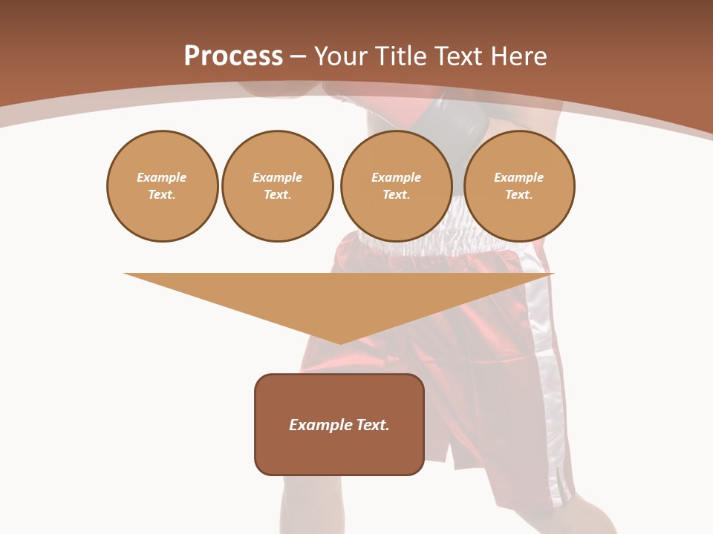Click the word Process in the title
click(x=233, y=56)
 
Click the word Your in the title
click(x=342, y=56)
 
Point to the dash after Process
click(x=299, y=56)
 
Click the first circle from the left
click(x=162, y=186)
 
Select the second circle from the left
click(x=277, y=186)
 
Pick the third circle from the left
click(x=396, y=186)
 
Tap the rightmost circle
click(x=518, y=186)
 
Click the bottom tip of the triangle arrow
click(x=340, y=342)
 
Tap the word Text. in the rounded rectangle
click(x=372, y=425)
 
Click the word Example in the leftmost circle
click(x=162, y=177)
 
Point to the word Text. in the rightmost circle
click(x=518, y=194)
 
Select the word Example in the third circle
click(x=396, y=177)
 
